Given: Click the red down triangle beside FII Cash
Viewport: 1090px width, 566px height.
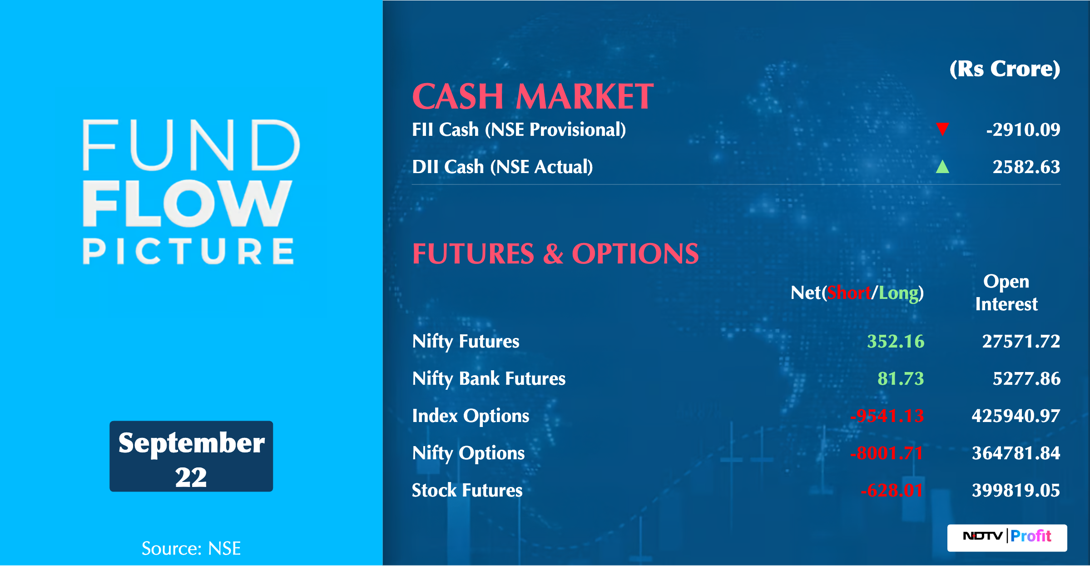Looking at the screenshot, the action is click(942, 129).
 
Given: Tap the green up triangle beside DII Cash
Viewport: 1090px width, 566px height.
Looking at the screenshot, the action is click(942, 167).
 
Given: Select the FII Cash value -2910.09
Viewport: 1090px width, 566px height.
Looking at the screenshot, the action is click(1023, 130).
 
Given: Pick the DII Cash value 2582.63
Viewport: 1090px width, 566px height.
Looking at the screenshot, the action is click(1026, 167).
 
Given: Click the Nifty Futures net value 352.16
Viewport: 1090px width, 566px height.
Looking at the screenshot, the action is click(896, 342).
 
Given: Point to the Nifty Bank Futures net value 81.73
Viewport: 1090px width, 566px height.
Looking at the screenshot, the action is click(901, 379).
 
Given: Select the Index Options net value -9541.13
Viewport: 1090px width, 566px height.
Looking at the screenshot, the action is click(887, 416).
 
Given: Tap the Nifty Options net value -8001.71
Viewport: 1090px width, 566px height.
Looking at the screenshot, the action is click(887, 453).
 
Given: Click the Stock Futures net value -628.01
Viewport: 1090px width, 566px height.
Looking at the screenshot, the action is click(892, 491).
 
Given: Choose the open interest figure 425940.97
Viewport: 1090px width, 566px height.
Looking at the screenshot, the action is click(1016, 416).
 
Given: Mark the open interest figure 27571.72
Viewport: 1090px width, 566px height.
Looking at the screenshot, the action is click(1021, 342).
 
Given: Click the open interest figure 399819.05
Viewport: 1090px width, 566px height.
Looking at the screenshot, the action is click(1016, 491).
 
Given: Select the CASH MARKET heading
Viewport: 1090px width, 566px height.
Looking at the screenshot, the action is click(533, 97).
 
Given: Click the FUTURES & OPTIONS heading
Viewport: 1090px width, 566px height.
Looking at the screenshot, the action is click(555, 253).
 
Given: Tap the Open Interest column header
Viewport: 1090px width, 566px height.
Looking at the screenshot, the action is click(1006, 293).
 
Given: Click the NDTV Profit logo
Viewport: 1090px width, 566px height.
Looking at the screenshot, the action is click(1007, 538).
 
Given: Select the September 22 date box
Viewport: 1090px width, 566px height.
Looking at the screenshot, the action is click(191, 456).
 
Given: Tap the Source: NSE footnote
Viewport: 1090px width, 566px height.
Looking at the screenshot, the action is click(191, 549).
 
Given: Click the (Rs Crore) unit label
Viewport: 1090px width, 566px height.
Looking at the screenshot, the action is click(1005, 70).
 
